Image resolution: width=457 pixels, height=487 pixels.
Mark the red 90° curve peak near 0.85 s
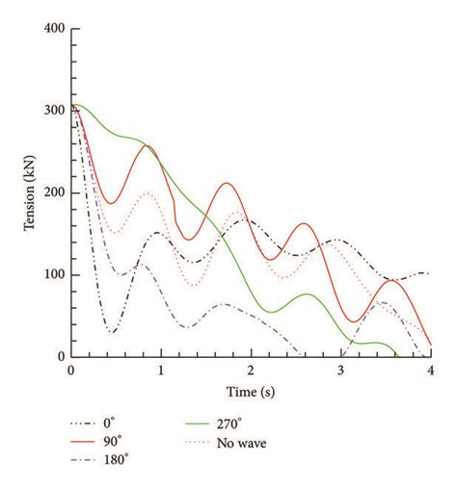pos(148,145)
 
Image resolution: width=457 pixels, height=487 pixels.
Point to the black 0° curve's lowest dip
pos(113,333)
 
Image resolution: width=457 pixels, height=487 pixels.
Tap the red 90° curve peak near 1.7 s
pos(226,183)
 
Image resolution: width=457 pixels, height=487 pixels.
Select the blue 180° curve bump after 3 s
pos(383,302)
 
